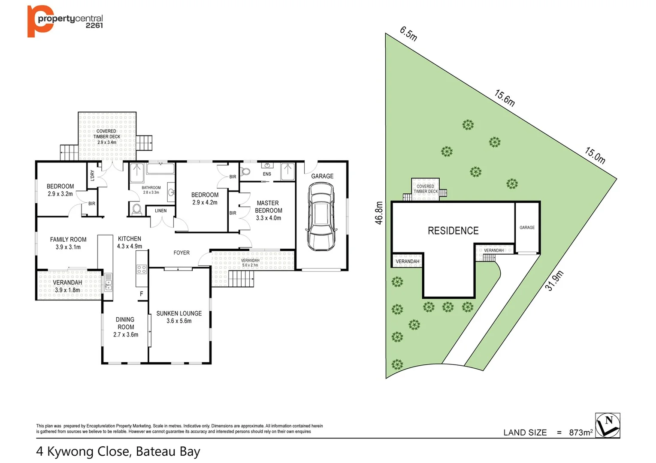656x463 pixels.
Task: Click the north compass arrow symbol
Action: coord(608,425)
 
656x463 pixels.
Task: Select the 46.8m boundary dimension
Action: coord(379,213)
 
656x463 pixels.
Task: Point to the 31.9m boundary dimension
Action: coord(554,281)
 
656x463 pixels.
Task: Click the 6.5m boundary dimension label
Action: coord(408,33)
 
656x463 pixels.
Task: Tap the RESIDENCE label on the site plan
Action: coord(453,231)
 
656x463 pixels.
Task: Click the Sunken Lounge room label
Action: coord(179,317)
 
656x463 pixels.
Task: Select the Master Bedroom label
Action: coord(269,210)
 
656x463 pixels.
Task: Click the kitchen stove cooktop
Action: coord(142,269)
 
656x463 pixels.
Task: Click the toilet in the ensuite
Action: coord(246,171)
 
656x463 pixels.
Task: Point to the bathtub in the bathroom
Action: coord(160,168)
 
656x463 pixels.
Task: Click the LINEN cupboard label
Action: coord(160,210)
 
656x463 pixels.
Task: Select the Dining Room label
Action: coord(125,327)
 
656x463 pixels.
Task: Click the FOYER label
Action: coord(181,253)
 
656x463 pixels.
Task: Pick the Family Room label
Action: coord(68,243)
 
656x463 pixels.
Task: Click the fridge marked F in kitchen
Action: coord(141,294)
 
